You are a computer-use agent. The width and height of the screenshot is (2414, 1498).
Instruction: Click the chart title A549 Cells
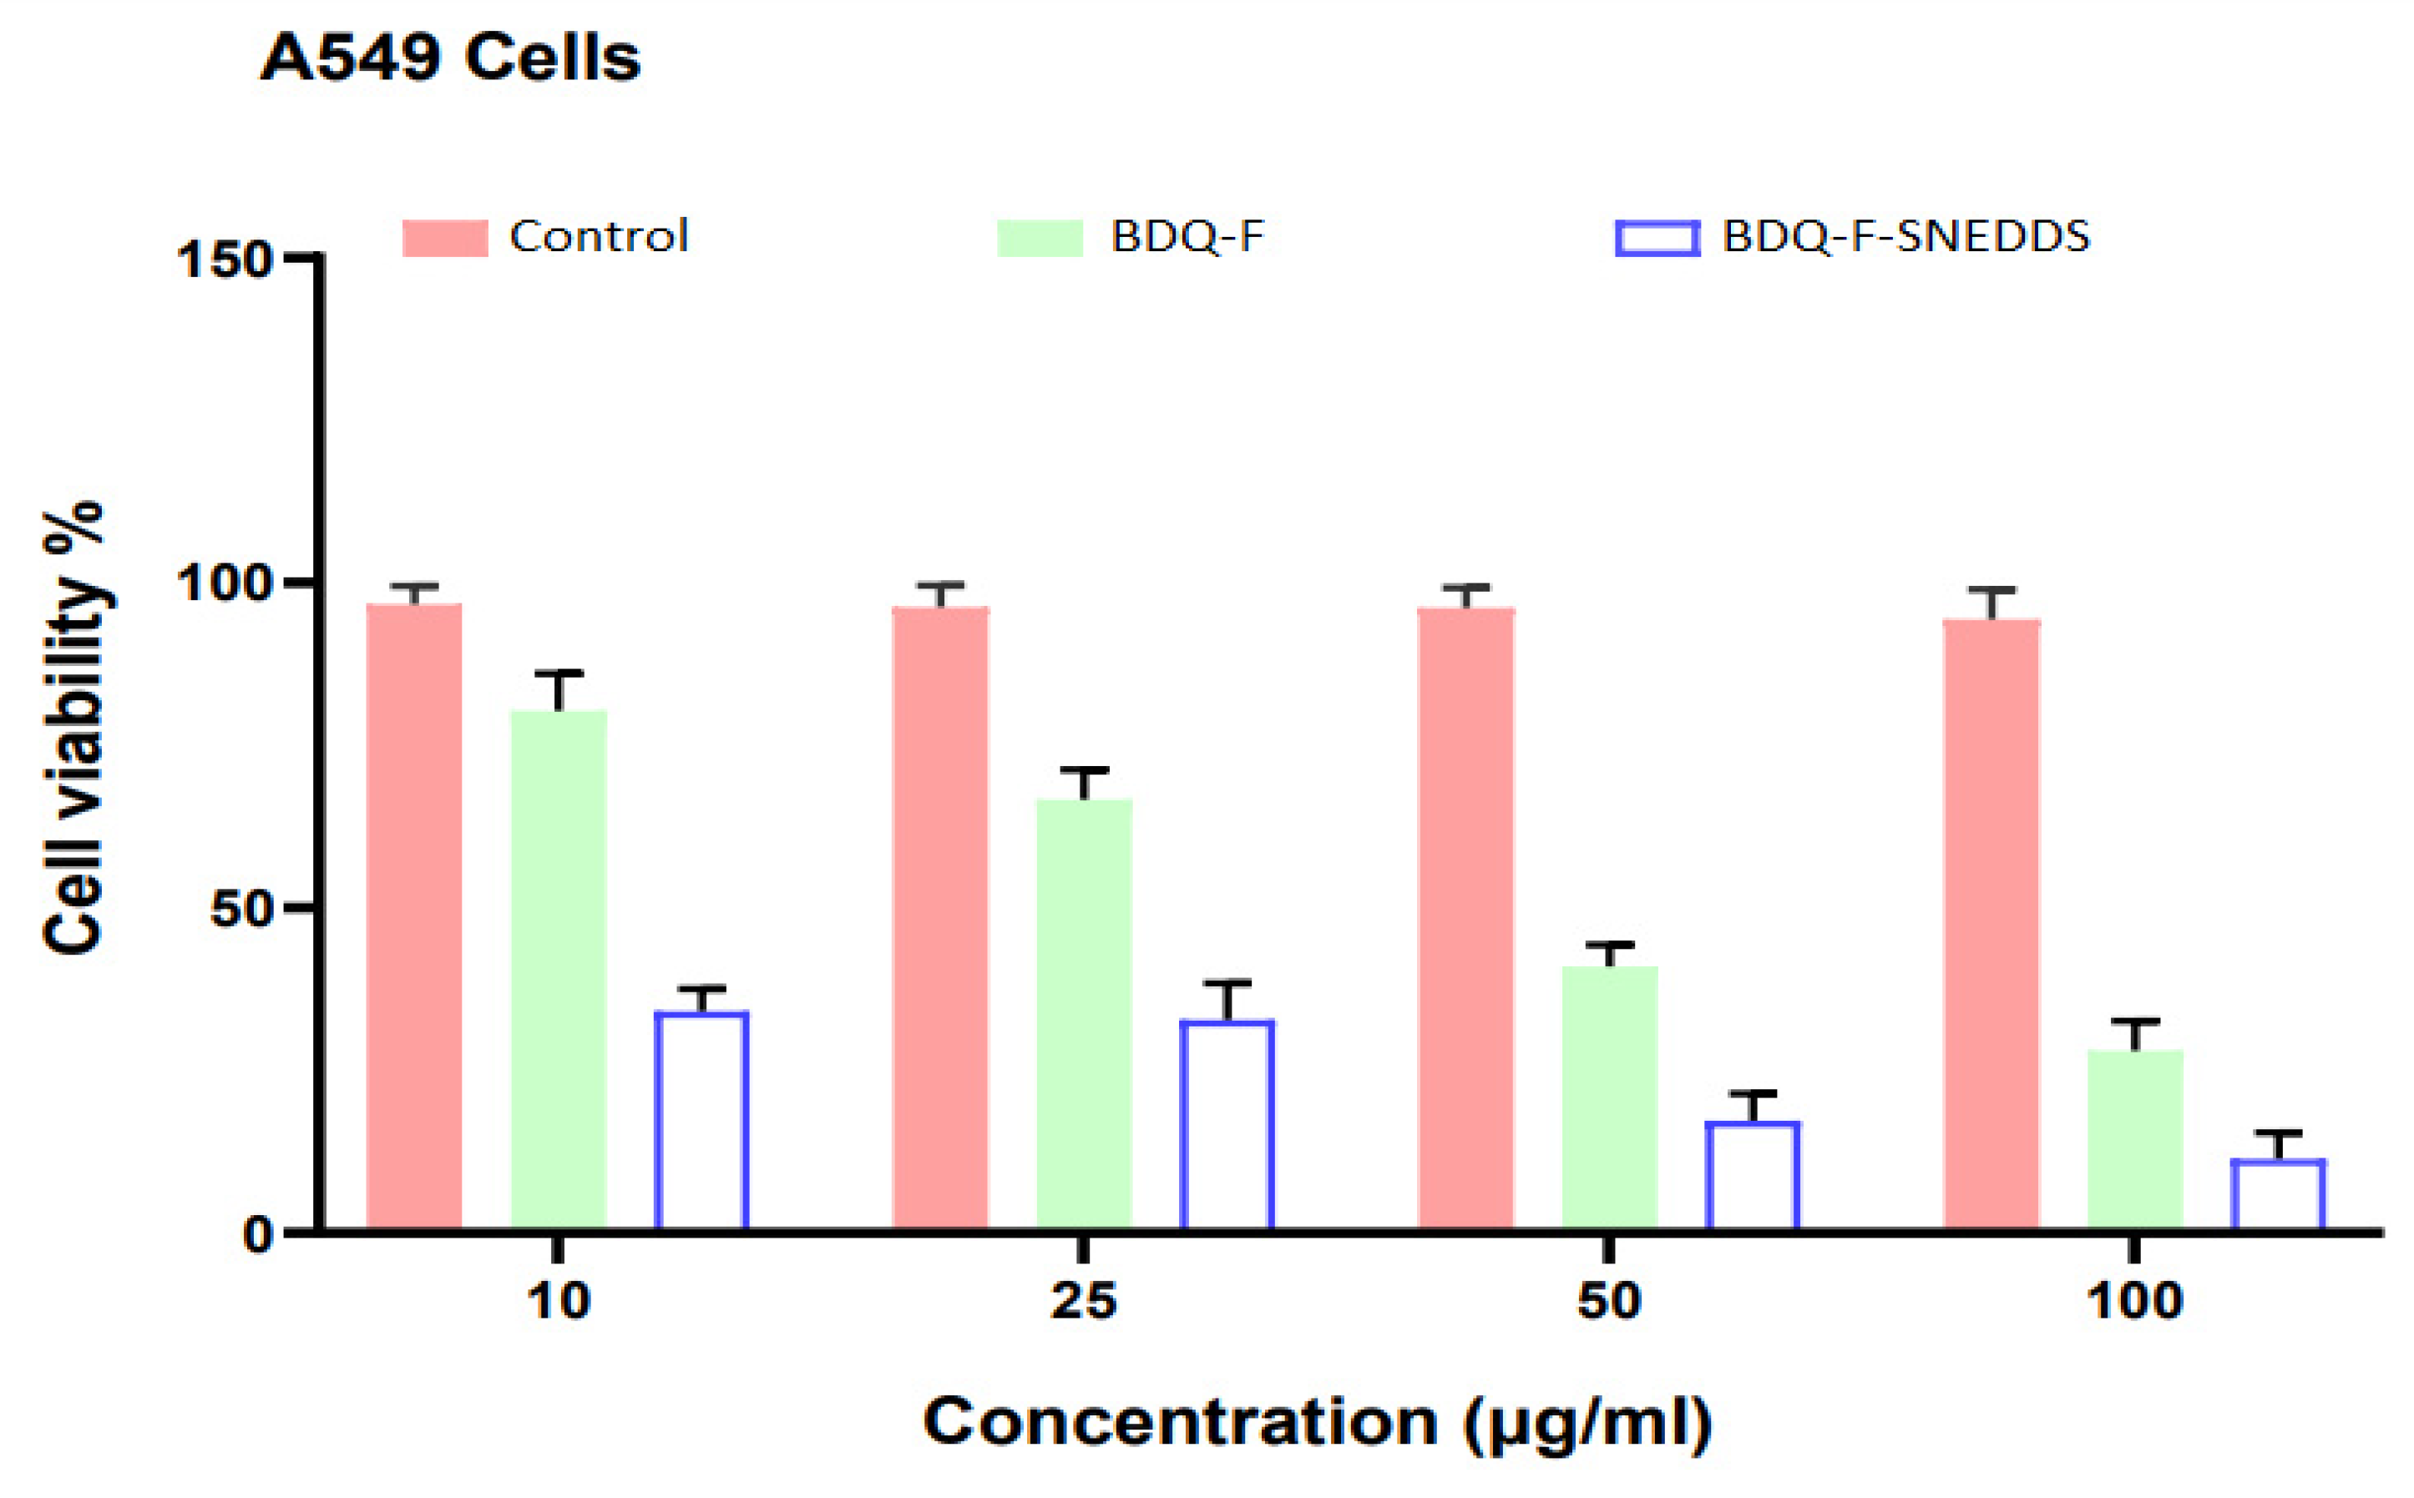[451, 58]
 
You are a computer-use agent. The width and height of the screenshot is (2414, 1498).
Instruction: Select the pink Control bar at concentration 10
[414, 916]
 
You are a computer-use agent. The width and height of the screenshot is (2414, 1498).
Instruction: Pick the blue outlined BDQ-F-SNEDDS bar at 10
[701, 1121]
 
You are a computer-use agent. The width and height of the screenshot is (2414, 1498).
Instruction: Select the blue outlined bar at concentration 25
[1227, 1126]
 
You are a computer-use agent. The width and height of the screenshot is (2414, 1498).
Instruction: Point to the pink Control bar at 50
[1465, 919]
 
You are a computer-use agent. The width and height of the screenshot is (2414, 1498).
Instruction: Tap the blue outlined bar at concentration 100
[2278, 1195]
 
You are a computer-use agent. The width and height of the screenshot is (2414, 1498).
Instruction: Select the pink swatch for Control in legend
[445, 238]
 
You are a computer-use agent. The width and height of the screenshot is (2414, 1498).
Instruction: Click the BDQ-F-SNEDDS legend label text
[1905, 237]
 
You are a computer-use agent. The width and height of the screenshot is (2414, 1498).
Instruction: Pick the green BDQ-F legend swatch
[1040, 238]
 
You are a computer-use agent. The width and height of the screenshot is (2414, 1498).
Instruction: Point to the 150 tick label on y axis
[224, 261]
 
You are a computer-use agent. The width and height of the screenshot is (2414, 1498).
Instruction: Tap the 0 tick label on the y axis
[258, 1234]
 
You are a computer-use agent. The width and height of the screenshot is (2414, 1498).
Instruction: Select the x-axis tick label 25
[1083, 1301]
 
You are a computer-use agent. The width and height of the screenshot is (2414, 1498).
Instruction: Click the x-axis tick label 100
[2134, 1301]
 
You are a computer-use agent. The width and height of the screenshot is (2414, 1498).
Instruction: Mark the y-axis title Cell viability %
[74, 729]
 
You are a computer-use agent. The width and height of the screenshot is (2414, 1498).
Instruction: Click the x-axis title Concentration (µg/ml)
[1318, 1424]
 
